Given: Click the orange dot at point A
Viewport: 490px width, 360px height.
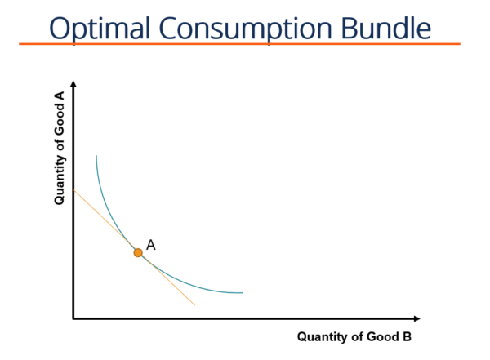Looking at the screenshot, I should point(138,253).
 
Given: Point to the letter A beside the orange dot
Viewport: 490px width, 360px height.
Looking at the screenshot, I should point(151,244).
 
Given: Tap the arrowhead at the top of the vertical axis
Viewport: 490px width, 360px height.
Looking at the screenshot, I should point(73,84).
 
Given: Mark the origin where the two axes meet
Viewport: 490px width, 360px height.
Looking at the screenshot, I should point(73,318).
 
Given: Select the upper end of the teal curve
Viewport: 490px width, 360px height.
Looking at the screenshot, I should point(96,156).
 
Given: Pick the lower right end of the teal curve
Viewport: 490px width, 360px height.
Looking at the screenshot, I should point(243,292).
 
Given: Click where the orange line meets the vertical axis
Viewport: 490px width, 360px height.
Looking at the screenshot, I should point(74,190).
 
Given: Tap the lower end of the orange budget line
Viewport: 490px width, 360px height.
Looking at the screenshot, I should point(194,305).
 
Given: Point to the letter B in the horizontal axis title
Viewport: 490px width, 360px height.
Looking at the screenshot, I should point(407,336).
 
